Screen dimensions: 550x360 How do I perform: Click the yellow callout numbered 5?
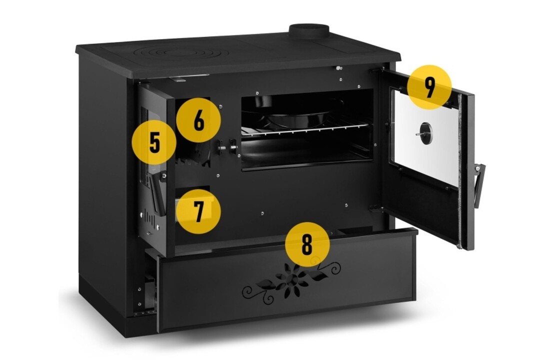coord(154,143)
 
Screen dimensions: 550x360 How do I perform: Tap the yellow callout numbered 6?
coord(198,120)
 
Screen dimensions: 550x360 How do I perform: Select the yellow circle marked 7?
coord(198,211)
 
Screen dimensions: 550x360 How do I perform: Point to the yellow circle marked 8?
coord(307,244)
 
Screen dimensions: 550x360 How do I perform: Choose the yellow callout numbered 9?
coord(429,87)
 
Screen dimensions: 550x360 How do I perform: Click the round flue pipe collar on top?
coord(308,31)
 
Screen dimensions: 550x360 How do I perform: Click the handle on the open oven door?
coord(479,185)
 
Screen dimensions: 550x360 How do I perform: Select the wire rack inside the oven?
coord(304,129)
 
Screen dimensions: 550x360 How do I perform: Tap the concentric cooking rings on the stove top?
coord(181,54)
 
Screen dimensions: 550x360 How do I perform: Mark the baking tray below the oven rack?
coord(304,149)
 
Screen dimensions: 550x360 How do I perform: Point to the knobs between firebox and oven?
coord(226,147)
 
